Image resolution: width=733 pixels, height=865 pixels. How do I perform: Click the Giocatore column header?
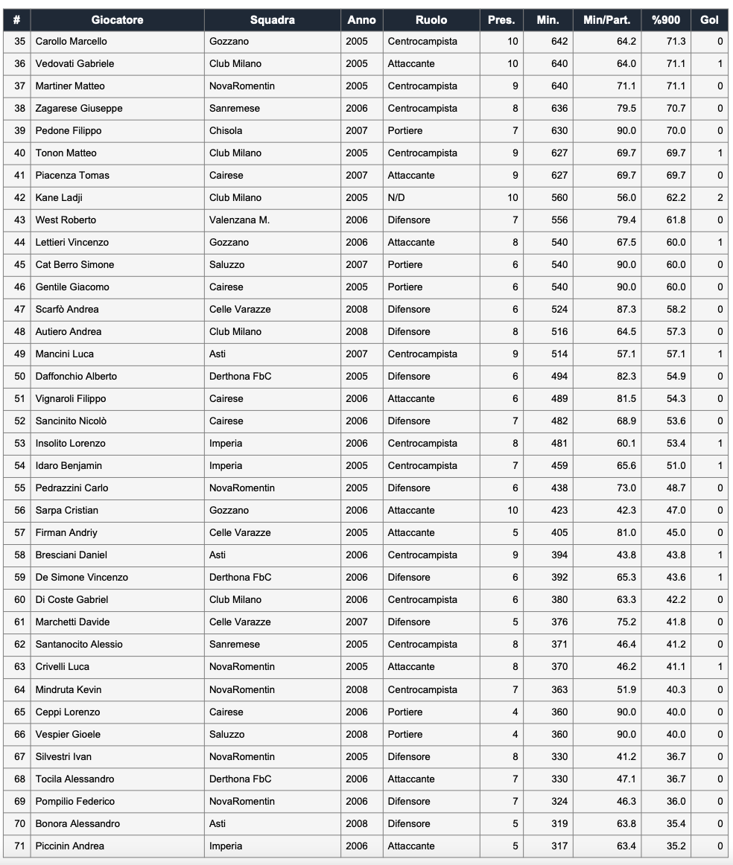pos(117,20)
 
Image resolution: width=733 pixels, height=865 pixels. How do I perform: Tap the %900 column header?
pos(665,20)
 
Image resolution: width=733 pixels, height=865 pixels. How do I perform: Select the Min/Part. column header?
pos(606,20)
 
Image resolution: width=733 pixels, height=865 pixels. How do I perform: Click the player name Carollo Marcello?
pos(71,42)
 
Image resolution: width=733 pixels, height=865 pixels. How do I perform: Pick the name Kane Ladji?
pos(59,198)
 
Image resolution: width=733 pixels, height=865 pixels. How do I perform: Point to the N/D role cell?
pos(397,198)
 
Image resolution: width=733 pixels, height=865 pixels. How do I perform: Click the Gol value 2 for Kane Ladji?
pos(720,198)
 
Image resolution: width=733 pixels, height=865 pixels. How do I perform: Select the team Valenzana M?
pos(239,220)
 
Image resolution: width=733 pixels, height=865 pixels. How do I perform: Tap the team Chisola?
pos(226,131)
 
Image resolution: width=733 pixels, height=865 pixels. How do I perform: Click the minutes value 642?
pos(559,42)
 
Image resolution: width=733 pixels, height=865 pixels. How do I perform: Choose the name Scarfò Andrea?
pos(67,310)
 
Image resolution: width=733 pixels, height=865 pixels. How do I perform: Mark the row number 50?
pos(19,377)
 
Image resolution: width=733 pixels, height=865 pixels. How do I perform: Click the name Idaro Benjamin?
pos(69,466)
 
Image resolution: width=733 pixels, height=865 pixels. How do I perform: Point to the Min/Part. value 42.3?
pos(626,511)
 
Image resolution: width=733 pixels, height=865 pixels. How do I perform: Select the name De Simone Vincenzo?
pos(82,578)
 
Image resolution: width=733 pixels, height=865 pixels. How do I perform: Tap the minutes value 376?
pos(559,622)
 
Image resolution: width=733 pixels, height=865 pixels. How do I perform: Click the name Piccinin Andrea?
pos(70,846)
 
